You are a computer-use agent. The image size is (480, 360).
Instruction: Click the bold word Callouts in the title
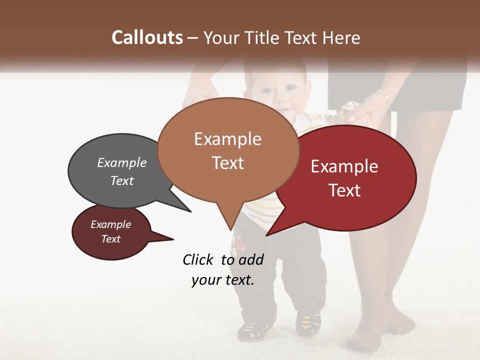(x=147, y=37)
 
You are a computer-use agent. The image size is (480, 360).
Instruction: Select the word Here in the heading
(x=341, y=37)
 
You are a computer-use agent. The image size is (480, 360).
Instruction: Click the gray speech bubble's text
(x=122, y=171)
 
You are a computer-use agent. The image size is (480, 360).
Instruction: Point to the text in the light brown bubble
(x=228, y=150)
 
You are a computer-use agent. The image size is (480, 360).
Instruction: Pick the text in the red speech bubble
(x=344, y=178)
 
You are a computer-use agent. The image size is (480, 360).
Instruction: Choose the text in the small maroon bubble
(x=110, y=232)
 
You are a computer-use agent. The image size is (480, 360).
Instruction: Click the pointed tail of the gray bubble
(x=183, y=206)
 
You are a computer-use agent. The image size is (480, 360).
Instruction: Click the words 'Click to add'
(x=223, y=259)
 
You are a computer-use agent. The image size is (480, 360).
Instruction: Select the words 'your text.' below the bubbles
(x=223, y=279)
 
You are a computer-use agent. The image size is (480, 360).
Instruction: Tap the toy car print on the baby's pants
(x=240, y=245)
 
